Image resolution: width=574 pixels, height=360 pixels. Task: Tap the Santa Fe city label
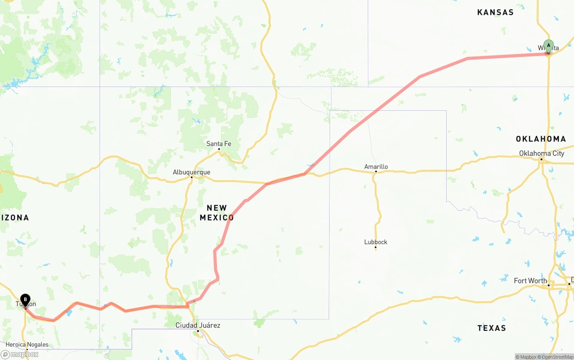coord(219,144)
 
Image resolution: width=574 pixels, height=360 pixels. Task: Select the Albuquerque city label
coord(191,172)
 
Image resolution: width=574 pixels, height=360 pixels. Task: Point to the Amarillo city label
coord(376,167)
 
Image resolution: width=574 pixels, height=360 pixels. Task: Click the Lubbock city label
coord(376,242)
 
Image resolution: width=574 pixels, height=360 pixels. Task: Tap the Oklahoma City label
coord(542,153)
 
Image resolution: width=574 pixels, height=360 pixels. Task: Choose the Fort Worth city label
coord(531,281)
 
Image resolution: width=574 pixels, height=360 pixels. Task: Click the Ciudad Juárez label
coord(198,325)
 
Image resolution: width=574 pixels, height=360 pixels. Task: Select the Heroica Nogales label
coord(27,345)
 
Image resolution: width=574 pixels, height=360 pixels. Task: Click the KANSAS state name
coord(496,13)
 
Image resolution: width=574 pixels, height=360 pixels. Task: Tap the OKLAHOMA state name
coord(541,139)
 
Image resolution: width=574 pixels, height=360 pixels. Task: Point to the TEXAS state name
coord(491,328)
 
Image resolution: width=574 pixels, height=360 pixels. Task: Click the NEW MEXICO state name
coord(217,213)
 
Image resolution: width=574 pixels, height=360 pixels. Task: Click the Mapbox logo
coord(20,354)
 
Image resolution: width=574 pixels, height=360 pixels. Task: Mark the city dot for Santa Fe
coord(219,149)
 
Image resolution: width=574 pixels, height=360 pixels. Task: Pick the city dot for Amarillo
coord(376,172)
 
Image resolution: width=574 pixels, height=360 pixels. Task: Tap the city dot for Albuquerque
coord(191,177)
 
